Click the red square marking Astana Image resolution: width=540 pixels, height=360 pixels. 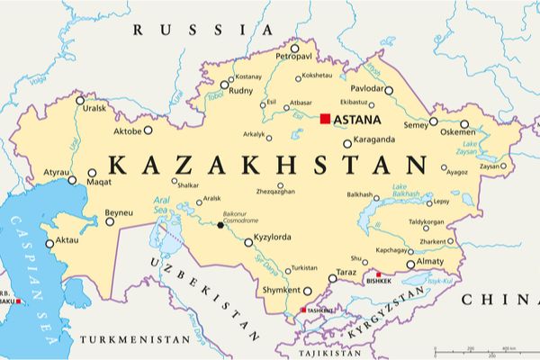pos(326,119)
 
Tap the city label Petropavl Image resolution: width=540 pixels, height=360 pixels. pos(292,57)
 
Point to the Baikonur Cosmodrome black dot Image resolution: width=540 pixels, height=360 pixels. pos(220,225)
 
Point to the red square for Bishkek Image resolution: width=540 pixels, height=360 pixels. pos(379,275)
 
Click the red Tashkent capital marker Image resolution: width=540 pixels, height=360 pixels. pos(302,310)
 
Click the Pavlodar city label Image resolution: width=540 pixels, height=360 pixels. pos(367,90)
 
